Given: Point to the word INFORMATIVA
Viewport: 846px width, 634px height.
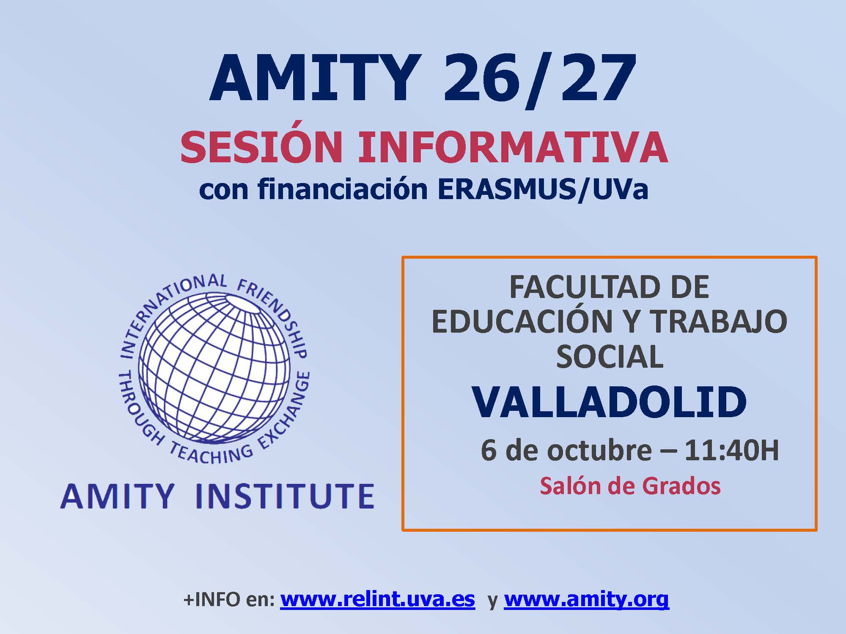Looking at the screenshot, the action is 513,148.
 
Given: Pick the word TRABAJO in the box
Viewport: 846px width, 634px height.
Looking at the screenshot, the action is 719,322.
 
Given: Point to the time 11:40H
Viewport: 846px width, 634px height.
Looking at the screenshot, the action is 732,451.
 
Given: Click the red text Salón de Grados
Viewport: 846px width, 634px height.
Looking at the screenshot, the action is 630,486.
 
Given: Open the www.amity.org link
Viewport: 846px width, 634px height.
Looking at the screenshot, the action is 586,600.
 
